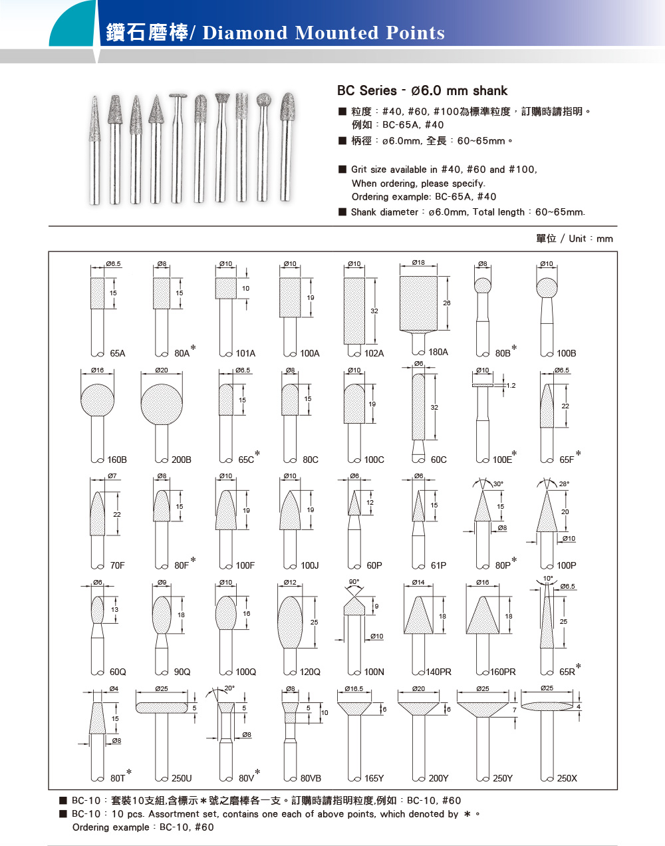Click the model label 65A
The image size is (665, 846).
click(117, 353)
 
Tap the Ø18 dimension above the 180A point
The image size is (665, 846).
click(418, 262)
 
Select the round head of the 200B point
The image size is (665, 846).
click(162, 404)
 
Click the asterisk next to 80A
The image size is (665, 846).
click(193, 347)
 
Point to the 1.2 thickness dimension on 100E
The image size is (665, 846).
click(511, 385)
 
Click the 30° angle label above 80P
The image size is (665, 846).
click(498, 484)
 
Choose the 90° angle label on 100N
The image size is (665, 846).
click(354, 581)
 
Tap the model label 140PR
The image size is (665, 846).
click(439, 672)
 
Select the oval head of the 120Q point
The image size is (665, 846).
click(290, 621)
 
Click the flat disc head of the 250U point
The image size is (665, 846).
click(162, 708)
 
